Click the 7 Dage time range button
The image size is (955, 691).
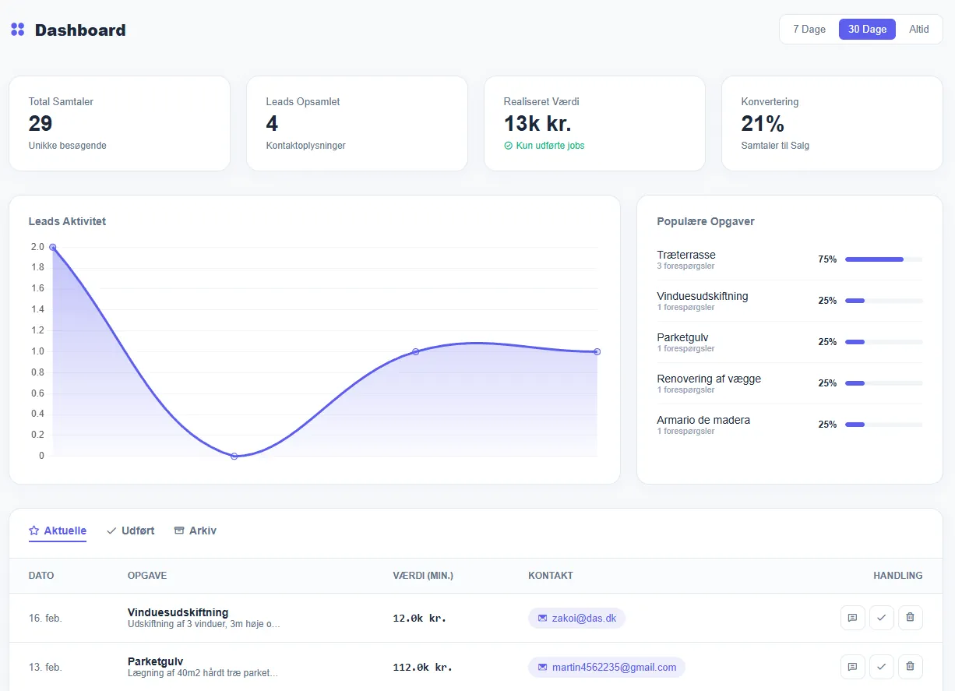click(809, 30)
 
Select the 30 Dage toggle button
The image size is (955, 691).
click(867, 30)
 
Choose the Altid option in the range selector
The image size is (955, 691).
click(919, 30)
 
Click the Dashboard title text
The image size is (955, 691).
click(80, 30)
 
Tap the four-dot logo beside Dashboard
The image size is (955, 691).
click(18, 30)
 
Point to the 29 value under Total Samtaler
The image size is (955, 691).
click(41, 124)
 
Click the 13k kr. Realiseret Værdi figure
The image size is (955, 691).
click(537, 124)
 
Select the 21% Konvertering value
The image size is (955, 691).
click(763, 124)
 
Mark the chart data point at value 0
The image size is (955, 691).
click(234, 456)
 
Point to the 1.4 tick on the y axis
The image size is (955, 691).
click(37, 309)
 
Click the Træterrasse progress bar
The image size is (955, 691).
click(883, 259)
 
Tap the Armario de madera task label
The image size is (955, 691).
click(703, 420)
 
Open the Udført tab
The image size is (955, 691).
click(131, 531)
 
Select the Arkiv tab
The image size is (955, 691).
click(196, 531)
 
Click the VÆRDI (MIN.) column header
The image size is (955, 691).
click(423, 576)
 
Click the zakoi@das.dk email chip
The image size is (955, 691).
click(576, 618)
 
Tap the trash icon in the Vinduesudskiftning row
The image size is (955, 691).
click(910, 618)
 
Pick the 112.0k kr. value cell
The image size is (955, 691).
click(422, 667)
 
